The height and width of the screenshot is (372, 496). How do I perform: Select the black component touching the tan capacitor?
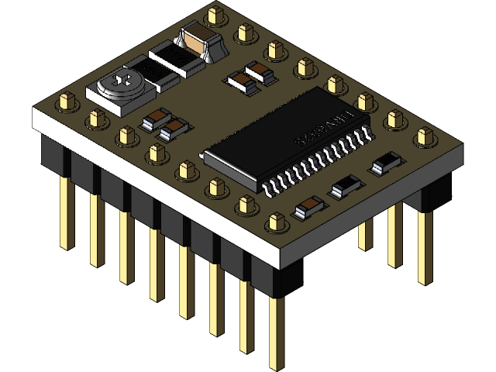coord(177,58)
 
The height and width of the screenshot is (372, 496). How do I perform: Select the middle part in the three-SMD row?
coord(346,185)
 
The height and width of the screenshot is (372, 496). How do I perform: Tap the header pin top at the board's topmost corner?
coord(215,14)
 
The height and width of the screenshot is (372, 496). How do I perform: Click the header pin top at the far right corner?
coord(423,136)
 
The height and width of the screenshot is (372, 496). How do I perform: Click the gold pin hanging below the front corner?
coord(275,333)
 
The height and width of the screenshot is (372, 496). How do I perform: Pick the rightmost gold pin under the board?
coord(424,248)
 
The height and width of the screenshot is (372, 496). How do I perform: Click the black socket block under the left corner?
coord(52,159)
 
